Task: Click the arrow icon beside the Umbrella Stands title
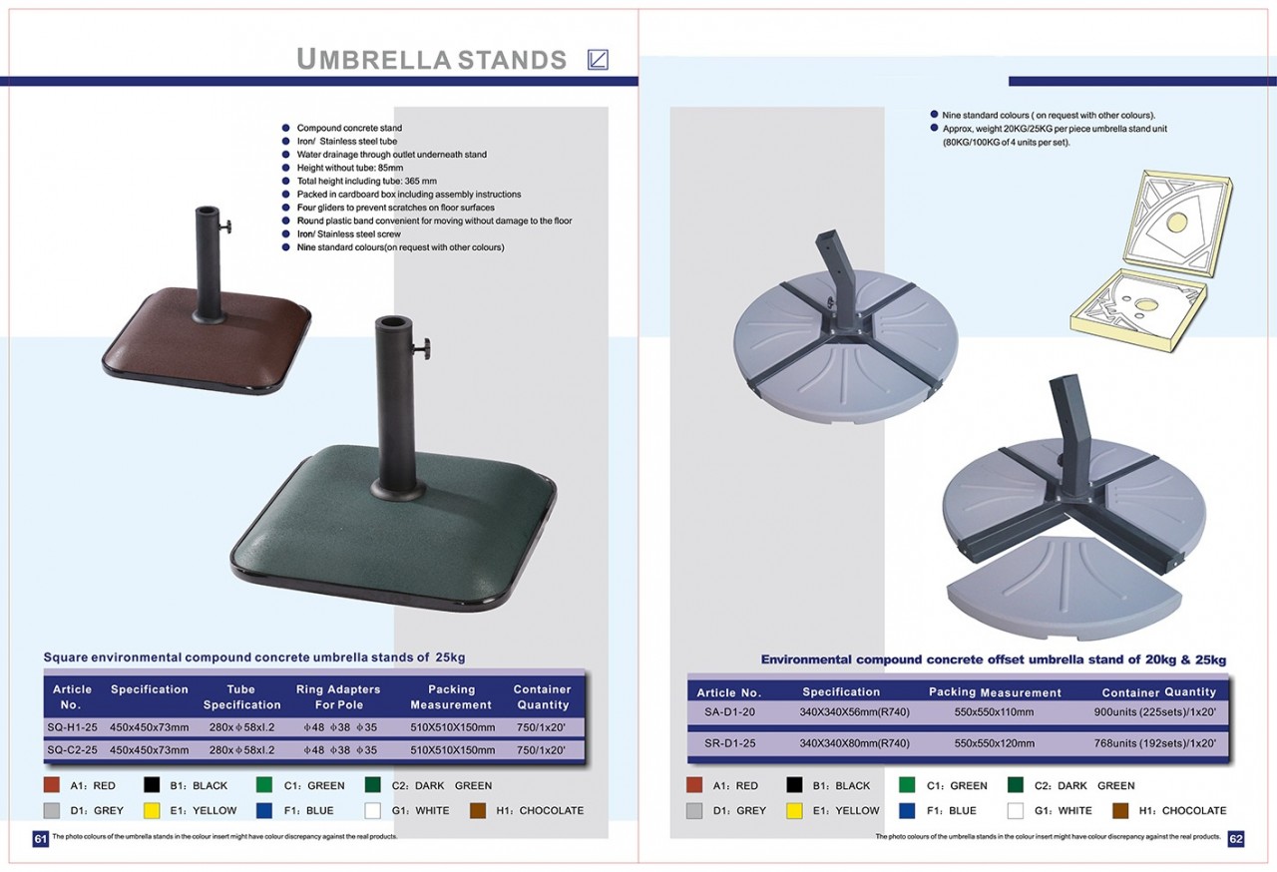[x=598, y=59]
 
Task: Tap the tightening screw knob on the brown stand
[x=225, y=226]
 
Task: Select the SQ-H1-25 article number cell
[x=73, y=727]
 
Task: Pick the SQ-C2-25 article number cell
[x=73, y=750]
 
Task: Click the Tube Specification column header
[x=241, y=697]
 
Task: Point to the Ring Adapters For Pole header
[x=338, y=697]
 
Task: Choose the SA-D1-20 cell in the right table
[x=729, y=711]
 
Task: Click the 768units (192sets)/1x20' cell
[x=1155, y=743]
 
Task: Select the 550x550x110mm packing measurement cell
[x=994, y=711]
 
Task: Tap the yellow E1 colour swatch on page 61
[x=152, y=810]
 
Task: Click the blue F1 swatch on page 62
[x=907, y=810]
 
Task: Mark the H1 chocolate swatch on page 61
[x=478, y=810]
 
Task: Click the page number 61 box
[x=41, y=839]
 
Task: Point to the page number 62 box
[x=1236, y=839]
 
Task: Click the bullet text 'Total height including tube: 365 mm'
[x=366, y=182]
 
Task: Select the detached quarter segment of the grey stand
[x=1064, y=589]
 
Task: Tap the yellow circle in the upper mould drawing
[x=1178, y=222]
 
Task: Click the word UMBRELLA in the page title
[x=374, y=59]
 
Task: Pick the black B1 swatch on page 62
[x=794, y=785]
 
